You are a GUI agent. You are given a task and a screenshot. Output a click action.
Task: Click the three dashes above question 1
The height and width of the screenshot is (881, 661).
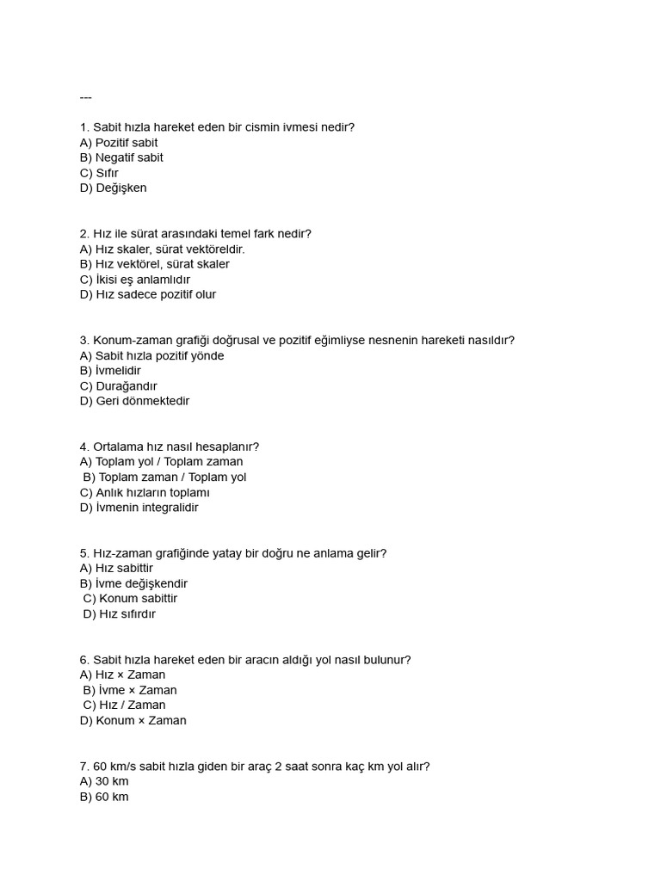point(85,97)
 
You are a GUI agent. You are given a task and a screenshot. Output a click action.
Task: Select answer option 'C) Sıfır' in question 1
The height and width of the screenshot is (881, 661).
point(99,173)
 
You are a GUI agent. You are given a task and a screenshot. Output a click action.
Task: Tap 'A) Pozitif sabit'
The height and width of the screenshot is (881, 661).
point(119,143)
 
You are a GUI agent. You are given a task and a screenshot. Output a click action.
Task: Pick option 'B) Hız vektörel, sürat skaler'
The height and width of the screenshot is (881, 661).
point(155,264)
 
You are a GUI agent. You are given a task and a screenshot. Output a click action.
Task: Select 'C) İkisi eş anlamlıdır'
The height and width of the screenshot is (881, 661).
point(135,280)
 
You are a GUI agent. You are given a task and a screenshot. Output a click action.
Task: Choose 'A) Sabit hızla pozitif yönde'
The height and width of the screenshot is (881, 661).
point(151,356)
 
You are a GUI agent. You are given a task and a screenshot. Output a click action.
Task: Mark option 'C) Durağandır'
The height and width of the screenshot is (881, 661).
point(119,386)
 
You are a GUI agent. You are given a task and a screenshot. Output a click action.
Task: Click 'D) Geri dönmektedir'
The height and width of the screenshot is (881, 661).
point(134,401)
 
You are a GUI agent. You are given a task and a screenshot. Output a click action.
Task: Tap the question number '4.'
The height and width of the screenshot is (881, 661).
point(84,447)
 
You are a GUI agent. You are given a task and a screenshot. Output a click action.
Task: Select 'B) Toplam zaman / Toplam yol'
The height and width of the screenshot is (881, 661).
point(164,477)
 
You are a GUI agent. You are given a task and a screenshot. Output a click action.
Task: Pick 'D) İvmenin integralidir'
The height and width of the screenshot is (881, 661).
point(139,508)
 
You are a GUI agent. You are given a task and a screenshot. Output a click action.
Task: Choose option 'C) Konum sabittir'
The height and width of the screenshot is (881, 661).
point(131,599)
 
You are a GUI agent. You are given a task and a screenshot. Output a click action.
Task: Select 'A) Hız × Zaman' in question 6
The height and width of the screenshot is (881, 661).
point(122,675)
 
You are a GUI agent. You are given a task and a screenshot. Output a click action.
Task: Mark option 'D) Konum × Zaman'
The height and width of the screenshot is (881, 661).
point(133,721)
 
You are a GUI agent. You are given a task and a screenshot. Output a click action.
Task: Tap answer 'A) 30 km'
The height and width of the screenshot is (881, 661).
point(103,781)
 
